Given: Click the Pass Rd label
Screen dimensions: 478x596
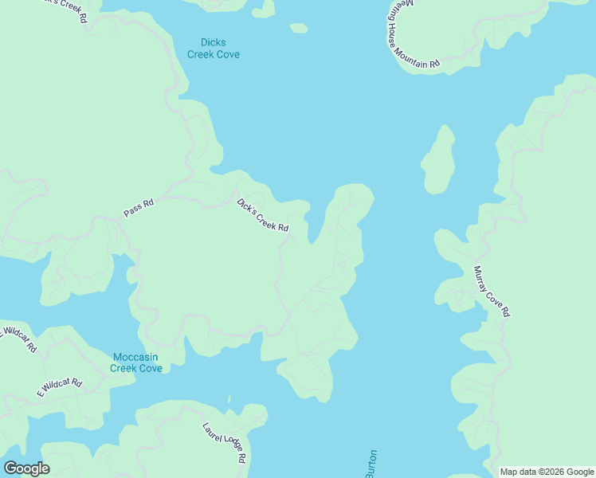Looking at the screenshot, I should pyautogui.click(x=138, y=209).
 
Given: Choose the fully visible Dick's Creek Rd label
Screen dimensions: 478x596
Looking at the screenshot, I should pyautogui.click(x=262, y=215).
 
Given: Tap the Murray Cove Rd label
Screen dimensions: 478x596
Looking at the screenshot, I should pyautogui.click(x=491, y=292).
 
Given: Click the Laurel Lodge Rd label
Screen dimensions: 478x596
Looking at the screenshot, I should pyautogui.click(x=224, y=443).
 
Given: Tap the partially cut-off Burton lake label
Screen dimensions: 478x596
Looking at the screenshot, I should pyautogui.click(x=371, y=464).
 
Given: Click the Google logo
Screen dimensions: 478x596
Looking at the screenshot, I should pyautogui.click(x=26, y=468).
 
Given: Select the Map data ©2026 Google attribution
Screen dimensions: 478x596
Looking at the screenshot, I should pyautogui.click(x=547, y=472).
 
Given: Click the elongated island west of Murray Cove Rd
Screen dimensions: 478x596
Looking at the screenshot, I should pyautogui.click(x=438, y=160).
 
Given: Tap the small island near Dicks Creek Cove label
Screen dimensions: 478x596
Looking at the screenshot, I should pyautogui.click(x=299, y=29).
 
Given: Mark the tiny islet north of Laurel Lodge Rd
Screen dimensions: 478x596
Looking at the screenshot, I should pyautogui.click(x=228, y=399).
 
